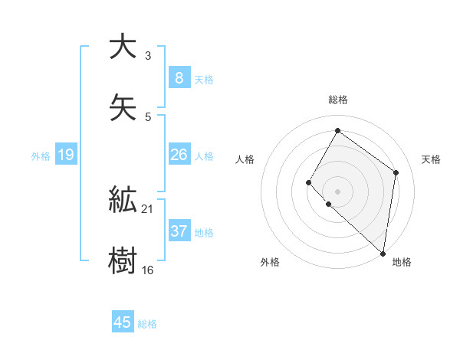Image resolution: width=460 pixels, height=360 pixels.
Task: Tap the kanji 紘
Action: (x=123, y=200)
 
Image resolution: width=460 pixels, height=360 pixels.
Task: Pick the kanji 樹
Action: (x=123, y=260)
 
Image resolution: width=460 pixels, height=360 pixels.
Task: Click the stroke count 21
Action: (x=148, y=209)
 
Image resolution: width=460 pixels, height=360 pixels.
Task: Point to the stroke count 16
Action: (x=148, y=270)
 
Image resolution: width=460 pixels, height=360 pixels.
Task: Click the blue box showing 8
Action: (x=179, y=77)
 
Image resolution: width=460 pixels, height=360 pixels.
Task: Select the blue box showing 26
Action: (x=179, y=155)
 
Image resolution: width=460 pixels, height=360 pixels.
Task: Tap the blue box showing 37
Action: (x=179, y=231)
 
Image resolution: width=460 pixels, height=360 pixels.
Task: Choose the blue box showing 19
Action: (x=66, y=155)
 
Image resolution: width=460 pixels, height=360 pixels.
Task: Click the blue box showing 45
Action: (x=123, y=322)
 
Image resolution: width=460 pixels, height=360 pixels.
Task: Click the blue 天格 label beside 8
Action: (x=204, y=79)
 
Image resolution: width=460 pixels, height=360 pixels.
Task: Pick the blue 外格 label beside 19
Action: (x=41, y=155)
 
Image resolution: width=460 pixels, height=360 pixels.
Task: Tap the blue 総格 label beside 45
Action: (x=147, y=324)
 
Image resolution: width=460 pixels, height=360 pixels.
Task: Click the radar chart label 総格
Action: (x=337, y=100)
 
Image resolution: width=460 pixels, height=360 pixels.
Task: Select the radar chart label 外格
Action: (x=270, y=262)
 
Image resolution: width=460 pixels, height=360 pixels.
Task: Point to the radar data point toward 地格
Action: (x=383, y=253)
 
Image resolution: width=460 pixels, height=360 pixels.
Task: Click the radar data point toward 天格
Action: (x=396, y=172)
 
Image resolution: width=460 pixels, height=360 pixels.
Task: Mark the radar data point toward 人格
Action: (x=309, y=182)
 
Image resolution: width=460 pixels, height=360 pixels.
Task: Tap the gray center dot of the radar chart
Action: (x=337, y=191)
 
